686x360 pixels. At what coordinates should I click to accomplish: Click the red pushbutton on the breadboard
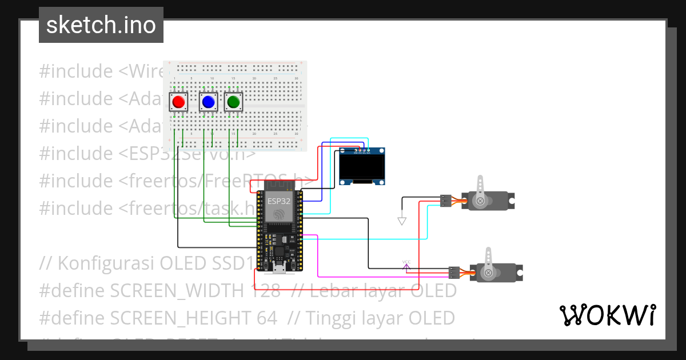178,102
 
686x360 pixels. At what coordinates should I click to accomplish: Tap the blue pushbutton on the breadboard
208,102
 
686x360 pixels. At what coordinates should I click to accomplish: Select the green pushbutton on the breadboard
233,102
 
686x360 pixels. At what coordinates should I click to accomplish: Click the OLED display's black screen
361,167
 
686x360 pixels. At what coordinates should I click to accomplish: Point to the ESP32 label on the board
278,201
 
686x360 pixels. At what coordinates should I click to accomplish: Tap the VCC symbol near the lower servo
406,264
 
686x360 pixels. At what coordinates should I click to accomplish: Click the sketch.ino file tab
101,25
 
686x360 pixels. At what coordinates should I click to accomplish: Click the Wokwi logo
607,315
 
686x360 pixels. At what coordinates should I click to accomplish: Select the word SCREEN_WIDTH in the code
176,290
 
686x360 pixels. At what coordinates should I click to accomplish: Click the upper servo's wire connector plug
445,201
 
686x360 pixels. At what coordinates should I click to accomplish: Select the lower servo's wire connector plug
453,273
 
